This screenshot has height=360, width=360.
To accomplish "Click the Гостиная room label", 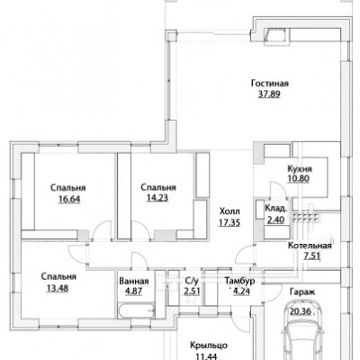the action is coord(270,84).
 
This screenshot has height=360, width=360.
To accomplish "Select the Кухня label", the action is coord(300,168).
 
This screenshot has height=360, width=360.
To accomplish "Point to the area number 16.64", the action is coord(69,199).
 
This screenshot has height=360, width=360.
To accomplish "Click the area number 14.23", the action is coord(157,198).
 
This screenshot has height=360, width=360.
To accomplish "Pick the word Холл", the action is coord(229,211).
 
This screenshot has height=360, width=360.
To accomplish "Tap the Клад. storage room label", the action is coord(276,208).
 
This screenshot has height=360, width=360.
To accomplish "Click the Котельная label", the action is coord(310,246).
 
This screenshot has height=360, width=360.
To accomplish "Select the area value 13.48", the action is coord(58,288).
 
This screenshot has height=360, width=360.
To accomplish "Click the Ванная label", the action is coord(134,282).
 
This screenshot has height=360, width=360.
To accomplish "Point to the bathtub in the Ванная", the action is coord(137,311).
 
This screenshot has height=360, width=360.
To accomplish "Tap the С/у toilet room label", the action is coord(192,281).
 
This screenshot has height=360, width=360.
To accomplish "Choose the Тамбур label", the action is coord(240,281).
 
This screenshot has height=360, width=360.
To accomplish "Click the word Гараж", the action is coord(302,292).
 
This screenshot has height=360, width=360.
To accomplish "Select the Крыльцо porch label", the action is coord(209,346).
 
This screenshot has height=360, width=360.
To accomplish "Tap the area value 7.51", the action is coord(311,256).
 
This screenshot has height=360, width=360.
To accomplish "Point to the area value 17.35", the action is coord(229,222).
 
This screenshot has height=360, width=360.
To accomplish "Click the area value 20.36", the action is coord(301,310).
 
